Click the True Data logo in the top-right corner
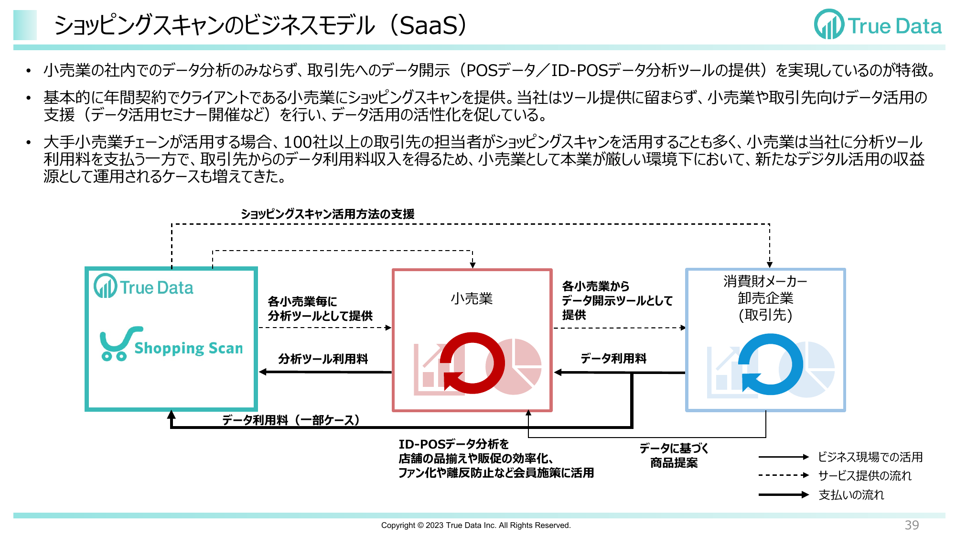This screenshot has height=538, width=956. [878, 24]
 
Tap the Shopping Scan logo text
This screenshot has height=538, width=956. [189, 348]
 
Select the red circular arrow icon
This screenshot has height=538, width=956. [472, 363]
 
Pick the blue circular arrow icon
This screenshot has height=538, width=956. [770, 364]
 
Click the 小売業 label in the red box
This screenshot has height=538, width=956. [472, 299]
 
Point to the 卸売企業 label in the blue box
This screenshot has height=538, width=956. [765, 298]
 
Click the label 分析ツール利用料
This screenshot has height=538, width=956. [323, 359]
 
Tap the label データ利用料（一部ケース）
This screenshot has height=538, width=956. [290, 420]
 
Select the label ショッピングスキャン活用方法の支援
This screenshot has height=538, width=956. [328, 214]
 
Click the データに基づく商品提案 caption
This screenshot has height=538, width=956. [674, 455]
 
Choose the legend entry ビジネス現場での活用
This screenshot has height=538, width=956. [870, 457]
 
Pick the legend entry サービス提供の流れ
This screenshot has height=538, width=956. [865, 475]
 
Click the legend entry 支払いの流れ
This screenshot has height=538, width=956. [851, 494]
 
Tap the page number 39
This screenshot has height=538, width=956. [912, 525]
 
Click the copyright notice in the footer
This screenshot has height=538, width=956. [476, 525]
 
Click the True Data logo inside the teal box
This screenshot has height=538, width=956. [143, 286]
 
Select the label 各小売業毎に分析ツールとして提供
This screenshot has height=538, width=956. [320, 308]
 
